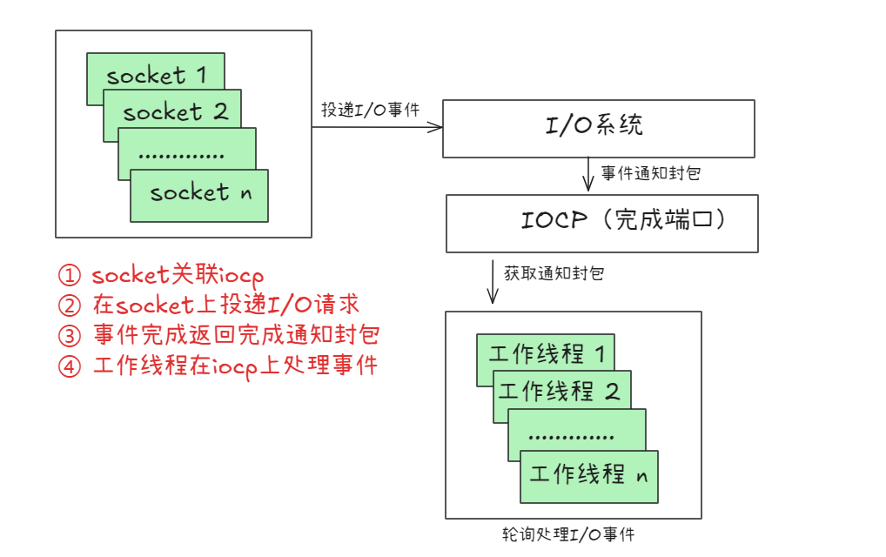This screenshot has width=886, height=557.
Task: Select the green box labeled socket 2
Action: [x=174, y=111]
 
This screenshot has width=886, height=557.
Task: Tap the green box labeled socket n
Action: [x=200, y=194]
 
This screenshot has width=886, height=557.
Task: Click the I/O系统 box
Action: [x=598, y=128]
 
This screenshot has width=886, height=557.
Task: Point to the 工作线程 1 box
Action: [x=547, y=353]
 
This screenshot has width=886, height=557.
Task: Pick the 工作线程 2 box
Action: [x=562, y=391]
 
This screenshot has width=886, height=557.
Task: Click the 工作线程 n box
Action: [x=590, y=475]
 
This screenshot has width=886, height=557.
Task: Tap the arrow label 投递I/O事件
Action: [x=371, y=111]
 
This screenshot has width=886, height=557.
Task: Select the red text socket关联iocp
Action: [x=177, y=276]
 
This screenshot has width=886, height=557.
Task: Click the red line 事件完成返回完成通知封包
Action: [x=236, y=336]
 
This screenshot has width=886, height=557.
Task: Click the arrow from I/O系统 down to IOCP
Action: [x=588, y=174]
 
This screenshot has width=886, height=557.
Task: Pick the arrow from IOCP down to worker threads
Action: [x=493, y=278]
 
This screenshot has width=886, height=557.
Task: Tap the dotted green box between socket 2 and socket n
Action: [x=186, y=153]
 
